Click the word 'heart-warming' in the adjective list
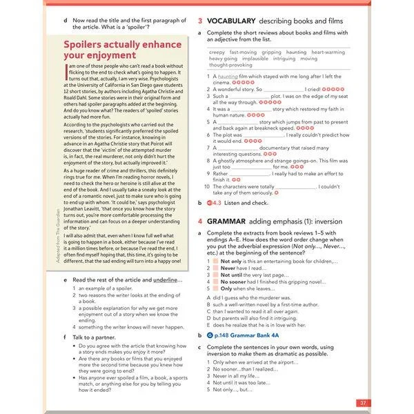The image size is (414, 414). coord(328,52)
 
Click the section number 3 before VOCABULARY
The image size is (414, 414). coord(199,22)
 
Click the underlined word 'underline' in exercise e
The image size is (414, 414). coord(166,279)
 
